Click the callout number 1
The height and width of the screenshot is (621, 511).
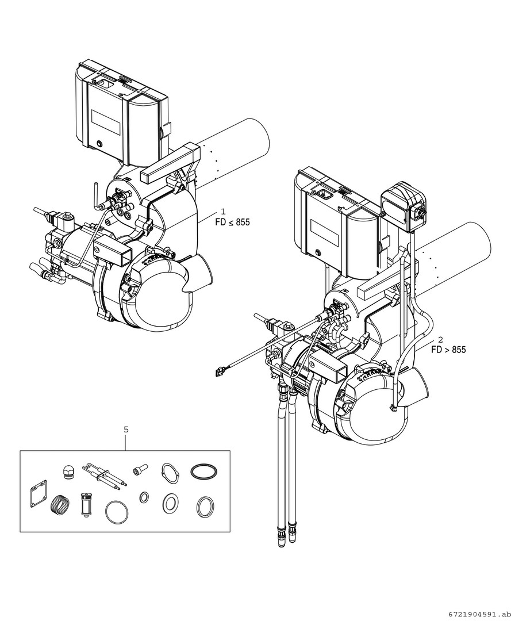224,212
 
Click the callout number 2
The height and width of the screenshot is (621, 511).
440,340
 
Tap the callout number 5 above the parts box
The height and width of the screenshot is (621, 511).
126,429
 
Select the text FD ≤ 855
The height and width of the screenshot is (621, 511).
233,223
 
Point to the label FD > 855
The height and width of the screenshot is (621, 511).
449,350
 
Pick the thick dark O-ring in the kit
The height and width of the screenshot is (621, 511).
205,471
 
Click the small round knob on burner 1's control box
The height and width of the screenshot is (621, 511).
101,143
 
